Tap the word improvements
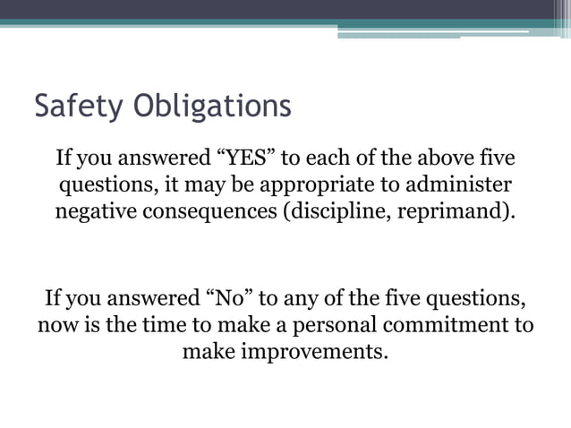click(285, 350)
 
